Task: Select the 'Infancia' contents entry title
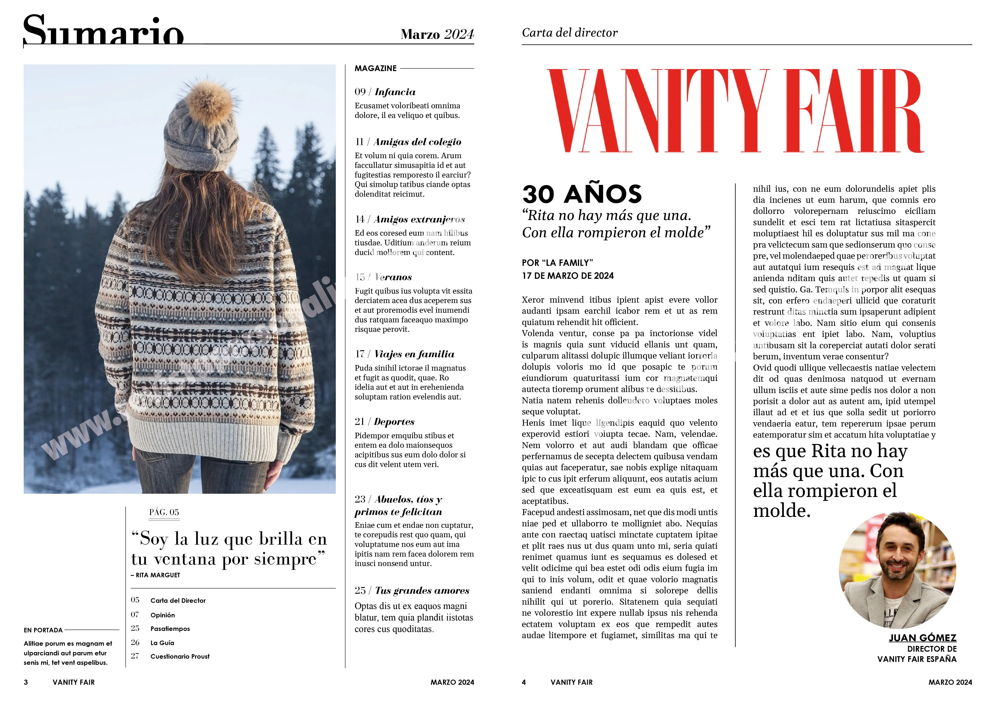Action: pyautogui.click(x=395, y=92)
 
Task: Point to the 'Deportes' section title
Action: pyautogui.click(x=394, y=422)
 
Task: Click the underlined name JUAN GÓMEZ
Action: pyautogui.click(x=922, y=638)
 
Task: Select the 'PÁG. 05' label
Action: pyautogui.click(x=164, y=512)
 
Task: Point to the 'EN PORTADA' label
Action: pyautogui.click(x=43, y=630)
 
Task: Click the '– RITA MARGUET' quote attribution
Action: pyautogui.click(x=155, y=575)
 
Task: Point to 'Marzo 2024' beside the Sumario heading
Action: pyautogui.click(x=437, y=34)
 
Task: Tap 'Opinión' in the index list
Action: pyautogui.click(x=163, y=615)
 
